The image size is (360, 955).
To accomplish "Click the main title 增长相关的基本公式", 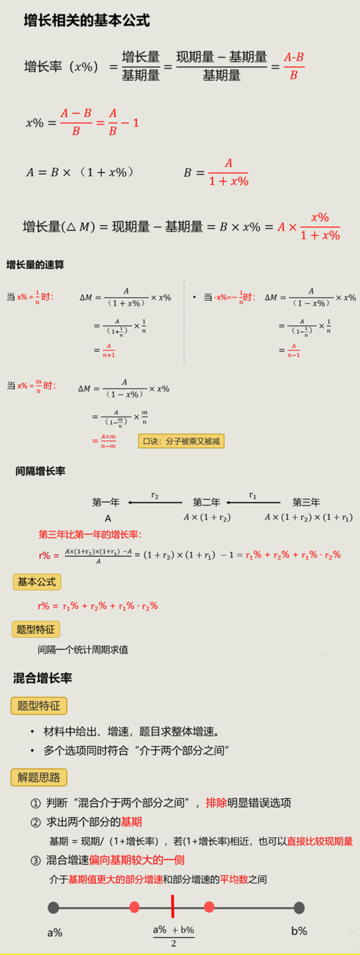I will [86, 20].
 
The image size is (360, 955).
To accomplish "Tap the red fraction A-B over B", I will [294, 66].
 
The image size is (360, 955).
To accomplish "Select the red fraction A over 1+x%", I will [229, 173].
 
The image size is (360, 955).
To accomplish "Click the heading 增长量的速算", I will [35, 265].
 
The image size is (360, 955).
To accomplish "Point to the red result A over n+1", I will [109, 350].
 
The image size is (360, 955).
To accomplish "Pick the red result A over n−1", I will [294, 350].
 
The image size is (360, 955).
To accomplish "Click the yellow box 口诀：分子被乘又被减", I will [181, 441].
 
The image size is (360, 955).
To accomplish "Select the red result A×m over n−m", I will [108, 441].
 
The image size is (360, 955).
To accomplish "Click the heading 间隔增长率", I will [40, 471].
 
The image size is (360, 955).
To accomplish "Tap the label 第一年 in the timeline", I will [106, 502].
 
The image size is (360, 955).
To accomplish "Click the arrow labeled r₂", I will [155, 502].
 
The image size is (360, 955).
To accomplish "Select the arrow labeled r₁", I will [253, 502].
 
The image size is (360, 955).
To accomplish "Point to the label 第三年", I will [306, 502].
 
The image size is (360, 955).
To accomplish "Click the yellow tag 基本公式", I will [37, 582].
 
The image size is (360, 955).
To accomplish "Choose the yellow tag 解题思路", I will [38, 777].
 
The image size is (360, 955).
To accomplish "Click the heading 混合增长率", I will [42, 678].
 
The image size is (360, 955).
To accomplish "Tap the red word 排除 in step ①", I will [216, 803].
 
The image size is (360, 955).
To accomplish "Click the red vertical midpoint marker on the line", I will [173, 907].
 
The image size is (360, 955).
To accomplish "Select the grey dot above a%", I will [53, 907].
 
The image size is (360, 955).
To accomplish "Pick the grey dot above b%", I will [299, 907].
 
